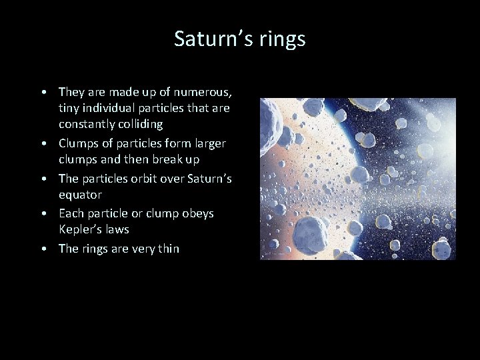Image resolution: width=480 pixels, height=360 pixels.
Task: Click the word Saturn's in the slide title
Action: (211, 39)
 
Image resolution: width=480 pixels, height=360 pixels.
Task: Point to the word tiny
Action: (70, 108)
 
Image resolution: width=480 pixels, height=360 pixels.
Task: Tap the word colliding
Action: (140, 125)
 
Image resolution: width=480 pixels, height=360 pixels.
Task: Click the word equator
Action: (80, 195)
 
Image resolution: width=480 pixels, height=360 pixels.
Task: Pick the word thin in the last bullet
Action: (167, 249)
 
